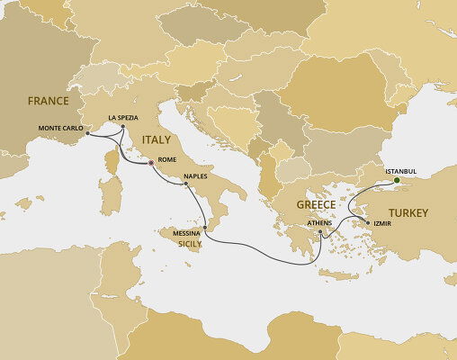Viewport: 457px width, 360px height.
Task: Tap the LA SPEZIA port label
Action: tap(124, 117)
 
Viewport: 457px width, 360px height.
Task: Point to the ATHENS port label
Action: tap(319, 222)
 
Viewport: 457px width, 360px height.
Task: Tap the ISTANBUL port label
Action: tap(400, 169)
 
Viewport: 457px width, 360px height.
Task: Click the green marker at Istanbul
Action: tap(397, 178)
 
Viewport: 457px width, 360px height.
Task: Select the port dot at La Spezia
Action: tap(122, 127)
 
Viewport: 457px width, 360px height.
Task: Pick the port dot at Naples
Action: tap(186, 184)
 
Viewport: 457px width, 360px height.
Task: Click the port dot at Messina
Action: tap(205, 229)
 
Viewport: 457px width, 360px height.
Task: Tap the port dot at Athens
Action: tap(320, 232)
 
